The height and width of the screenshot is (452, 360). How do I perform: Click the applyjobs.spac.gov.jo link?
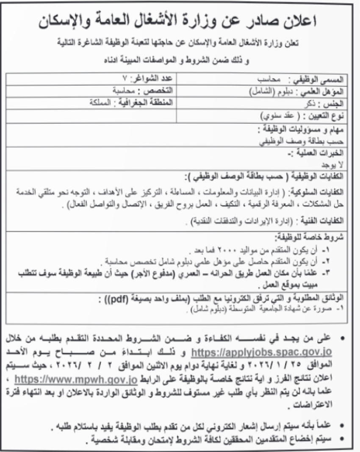click(262, 352)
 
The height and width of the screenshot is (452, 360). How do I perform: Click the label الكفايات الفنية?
click(324, 221)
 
